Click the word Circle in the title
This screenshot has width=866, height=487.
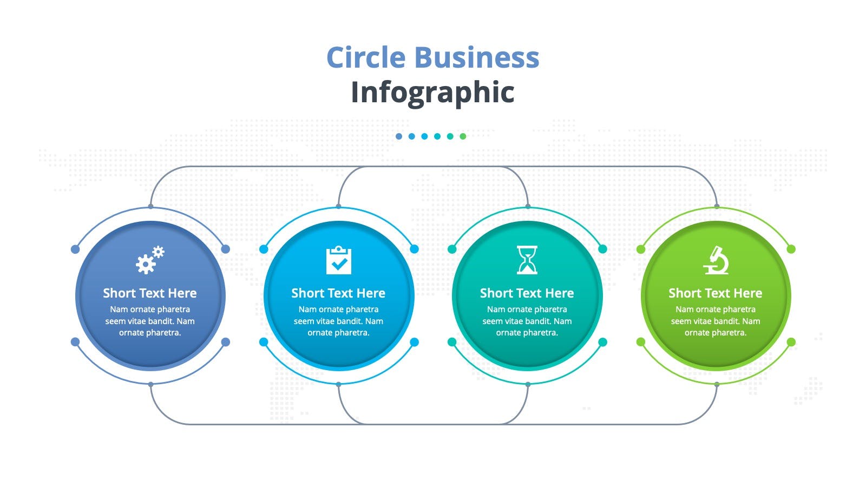[366, 57]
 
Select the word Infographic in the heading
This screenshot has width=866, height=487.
[432, 93]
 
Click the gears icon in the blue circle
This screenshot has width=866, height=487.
[150, 260]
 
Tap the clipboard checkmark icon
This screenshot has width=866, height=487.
[339, 260]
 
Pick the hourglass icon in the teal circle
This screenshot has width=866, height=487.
[527, 260]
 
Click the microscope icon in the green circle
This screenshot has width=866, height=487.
[716, 260]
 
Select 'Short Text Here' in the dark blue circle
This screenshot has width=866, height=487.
[150, 293]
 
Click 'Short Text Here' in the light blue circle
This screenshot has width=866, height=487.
[338, 293]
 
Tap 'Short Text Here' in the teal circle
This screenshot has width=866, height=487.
[527, 293]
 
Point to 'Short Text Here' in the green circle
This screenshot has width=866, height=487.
[716, 293]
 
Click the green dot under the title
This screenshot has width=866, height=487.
[463, 136]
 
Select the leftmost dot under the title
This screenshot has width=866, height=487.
[399, 136]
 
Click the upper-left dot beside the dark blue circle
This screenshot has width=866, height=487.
[75, 249]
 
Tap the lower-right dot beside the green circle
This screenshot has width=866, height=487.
[791, 342]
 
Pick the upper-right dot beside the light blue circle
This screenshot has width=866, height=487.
[415, 249]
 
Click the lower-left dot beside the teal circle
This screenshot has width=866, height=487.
[452, 342]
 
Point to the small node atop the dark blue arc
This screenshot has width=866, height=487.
[151, 207]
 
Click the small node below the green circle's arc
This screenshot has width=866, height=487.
[717, 385]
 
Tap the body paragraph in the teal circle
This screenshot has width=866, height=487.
[527, 321]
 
